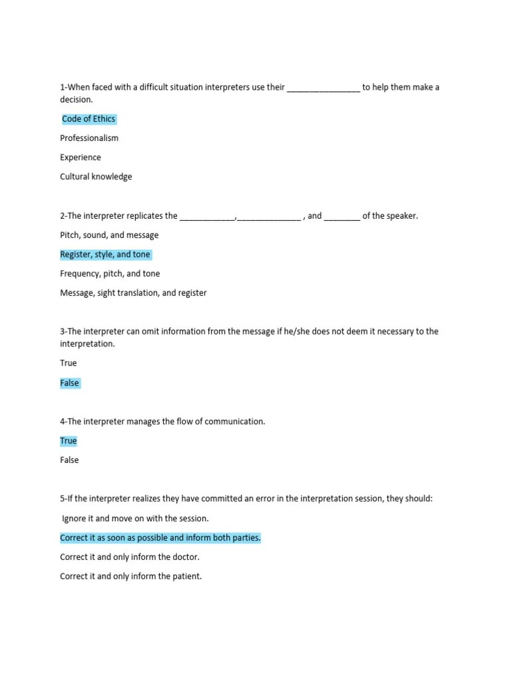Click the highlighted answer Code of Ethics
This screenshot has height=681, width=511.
[88, 119]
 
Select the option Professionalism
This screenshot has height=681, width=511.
[89, 138]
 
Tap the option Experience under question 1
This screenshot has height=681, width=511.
[81, 158]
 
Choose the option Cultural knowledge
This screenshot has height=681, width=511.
[96, 177]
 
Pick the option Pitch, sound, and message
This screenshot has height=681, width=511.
[109, 235]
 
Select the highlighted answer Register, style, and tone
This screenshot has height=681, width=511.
[105, 255]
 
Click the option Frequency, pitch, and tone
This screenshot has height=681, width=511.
[110, 274]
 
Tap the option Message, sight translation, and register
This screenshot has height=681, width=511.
[133, 293]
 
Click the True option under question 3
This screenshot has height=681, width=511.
[69, 363]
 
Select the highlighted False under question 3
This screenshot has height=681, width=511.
[69, 383]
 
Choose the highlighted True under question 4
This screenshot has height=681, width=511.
[69, 441]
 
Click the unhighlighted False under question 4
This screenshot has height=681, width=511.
[69, 460]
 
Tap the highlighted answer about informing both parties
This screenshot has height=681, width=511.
[160, 538]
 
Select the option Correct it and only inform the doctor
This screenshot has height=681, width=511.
[130, 557]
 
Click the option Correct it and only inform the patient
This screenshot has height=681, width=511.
[130, 577]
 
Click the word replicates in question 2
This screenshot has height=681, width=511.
[142, 216]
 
